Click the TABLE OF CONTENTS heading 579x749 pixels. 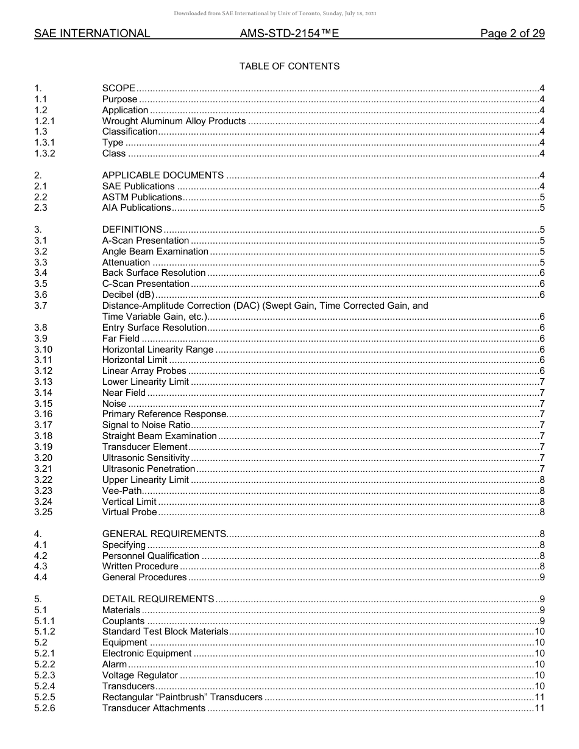coord(289,66)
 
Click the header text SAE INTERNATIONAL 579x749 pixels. coord(92,33)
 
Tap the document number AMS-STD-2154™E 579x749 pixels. coord(289,33)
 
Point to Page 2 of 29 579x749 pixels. coord(512,33)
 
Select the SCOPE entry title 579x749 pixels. coord(119,88)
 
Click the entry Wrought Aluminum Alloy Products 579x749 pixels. coord(174,121)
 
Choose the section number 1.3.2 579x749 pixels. coord(44,153)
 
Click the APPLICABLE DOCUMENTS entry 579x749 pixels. coord(163,175)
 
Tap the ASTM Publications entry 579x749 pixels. coord(141,197)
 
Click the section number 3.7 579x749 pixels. coord(41,306)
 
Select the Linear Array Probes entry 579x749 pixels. coord(144,371)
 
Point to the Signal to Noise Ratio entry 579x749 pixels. coord(146,425)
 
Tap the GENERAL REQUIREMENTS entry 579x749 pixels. coord(164,534)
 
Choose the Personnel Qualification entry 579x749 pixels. coord(151,555)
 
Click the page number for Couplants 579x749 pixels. coord(542,621)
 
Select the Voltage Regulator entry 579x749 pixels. coord(140,675)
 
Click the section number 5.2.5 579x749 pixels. coord(44,697)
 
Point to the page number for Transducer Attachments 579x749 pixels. coord(539,708)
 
